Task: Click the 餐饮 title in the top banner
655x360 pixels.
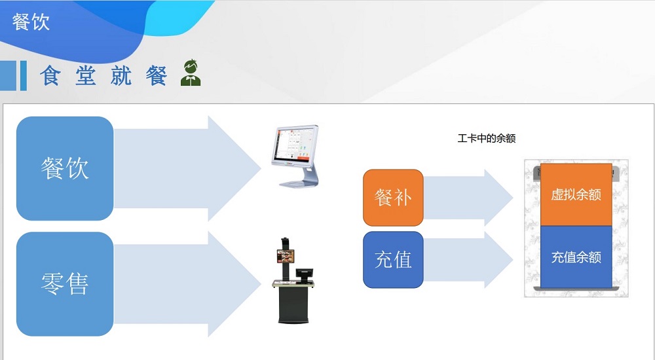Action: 31,22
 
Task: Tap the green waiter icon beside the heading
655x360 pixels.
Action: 191,73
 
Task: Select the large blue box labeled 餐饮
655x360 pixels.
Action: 65,168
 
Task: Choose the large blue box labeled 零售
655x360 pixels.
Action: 65,284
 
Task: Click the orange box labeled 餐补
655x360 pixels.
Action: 393,198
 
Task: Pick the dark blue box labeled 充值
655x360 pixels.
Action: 393,260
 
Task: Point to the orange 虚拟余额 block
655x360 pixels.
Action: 576,194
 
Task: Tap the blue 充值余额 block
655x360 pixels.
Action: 576,257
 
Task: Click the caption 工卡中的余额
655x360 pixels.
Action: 487,138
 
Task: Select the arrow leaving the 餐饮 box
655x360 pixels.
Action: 188,168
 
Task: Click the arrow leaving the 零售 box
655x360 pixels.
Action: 188,284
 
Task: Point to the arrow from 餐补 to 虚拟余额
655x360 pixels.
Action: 468,198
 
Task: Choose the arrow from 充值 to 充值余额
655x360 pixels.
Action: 468,260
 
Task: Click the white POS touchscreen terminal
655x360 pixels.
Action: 295,156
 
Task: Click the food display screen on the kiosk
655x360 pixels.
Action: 286,256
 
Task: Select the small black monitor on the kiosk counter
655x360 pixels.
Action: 304,274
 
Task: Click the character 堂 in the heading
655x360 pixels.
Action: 86,75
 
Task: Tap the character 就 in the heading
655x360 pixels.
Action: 121,75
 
